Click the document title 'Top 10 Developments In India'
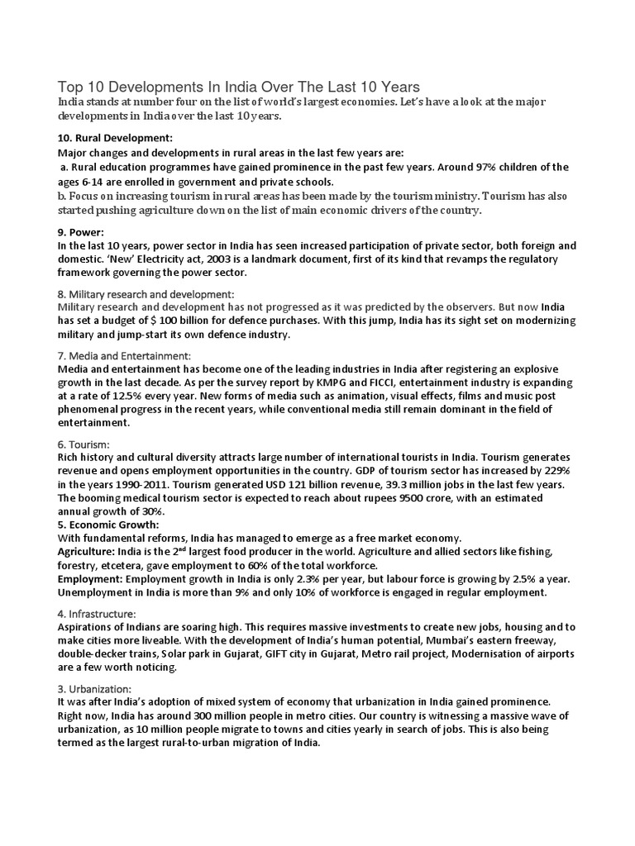click(x=238, y=86)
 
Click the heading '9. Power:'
click(x=80, y=232)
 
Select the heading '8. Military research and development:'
click(x=146, y=294)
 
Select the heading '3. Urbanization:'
click(x=100, y=688)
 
